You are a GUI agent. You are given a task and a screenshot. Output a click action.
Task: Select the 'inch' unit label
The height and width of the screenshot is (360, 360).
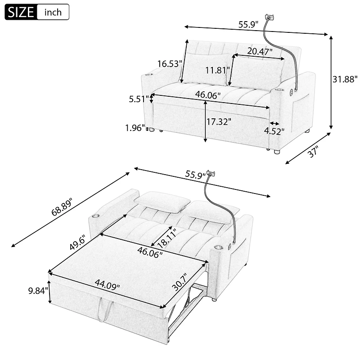tap(53, 12)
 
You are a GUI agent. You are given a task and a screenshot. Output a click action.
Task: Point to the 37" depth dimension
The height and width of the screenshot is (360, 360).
tap(313, 152)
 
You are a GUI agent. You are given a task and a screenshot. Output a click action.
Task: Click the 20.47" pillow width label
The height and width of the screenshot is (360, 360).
tap(260, 51)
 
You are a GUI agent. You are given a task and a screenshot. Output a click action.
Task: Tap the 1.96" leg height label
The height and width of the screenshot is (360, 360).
tap(135, 128)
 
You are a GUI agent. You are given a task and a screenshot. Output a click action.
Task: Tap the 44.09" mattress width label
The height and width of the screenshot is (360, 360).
tap(107, 284)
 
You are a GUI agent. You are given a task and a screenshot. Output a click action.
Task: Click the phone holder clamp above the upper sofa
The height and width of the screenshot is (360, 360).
tap(270, 18)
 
